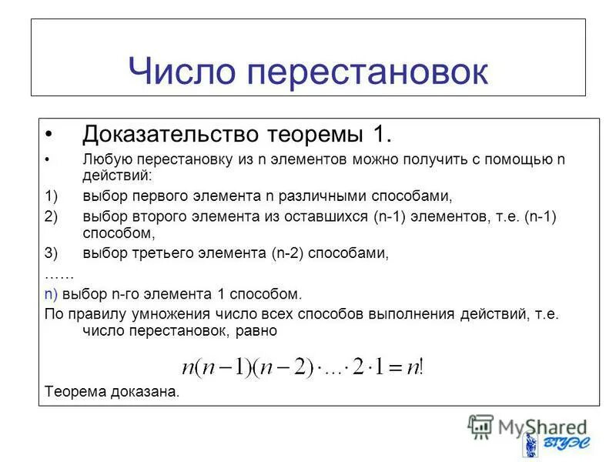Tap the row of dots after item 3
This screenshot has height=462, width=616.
59,273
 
